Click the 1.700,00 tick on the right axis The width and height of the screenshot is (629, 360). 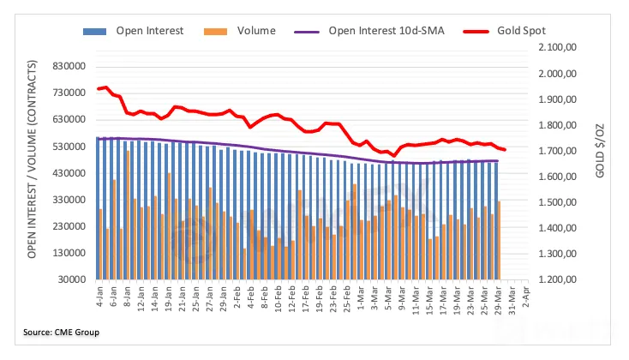pyautogui.click(x=557, y=152)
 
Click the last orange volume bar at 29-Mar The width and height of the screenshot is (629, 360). pyautogui.click(x=498, y=240)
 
